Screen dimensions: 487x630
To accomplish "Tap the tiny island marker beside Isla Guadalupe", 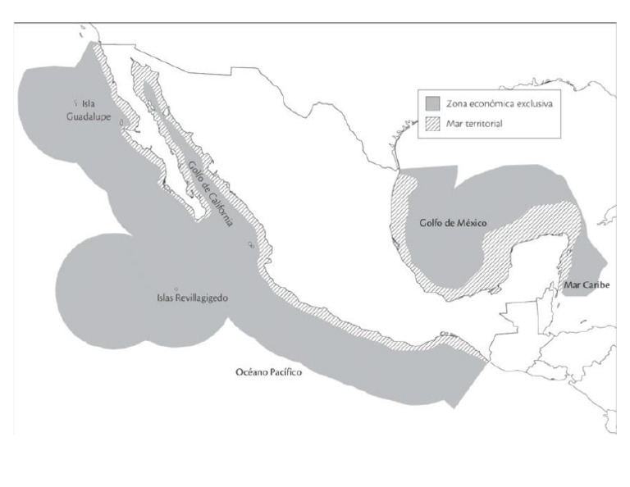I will point(75,103).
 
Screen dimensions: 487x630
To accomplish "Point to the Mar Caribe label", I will point(583,284).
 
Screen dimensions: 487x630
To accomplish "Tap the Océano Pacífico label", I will point(269,372).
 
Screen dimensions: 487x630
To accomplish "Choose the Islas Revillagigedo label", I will point(192,298).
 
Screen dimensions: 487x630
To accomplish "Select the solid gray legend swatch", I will point(434,105).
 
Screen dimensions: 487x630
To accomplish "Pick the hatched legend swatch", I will point(434,124).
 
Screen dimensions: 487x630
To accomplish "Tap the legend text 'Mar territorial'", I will point(475,124).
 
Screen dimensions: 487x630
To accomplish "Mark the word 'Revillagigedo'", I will point(200,298).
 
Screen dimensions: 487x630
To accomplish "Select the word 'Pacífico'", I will point(285,372).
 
